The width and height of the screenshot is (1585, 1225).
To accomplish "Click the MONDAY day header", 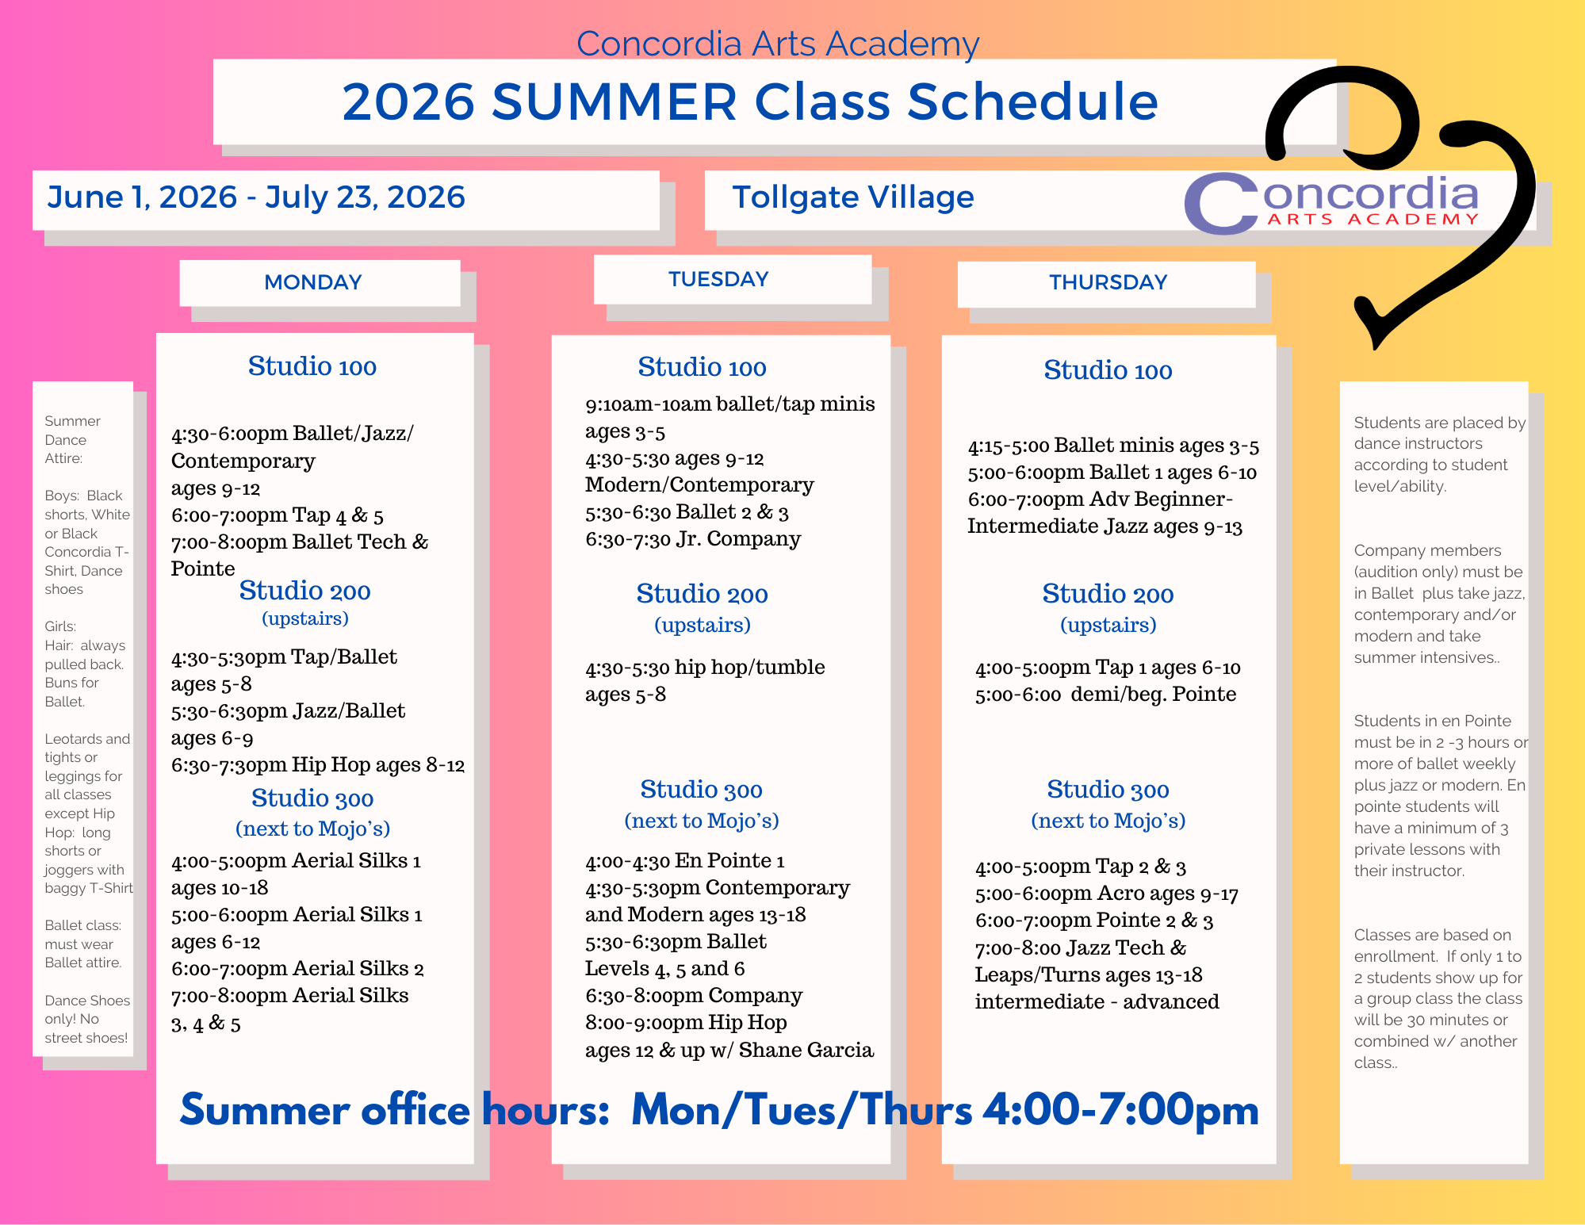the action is [x=313, y=282].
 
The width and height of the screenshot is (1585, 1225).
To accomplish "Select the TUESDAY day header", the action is [x=718, y=279].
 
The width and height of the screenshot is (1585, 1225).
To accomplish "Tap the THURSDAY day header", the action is [x=1108, y=282].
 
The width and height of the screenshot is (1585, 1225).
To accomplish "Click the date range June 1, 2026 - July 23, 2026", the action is [x=256, y=197].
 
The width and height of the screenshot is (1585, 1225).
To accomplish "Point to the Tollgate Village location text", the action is [x=853, y=197].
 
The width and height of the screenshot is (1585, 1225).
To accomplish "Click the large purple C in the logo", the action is [x=1222, y=204].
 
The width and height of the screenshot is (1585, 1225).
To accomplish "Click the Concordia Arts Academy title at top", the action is [x=778, y=44].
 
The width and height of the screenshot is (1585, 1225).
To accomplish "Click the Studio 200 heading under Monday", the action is [x=305, y=591].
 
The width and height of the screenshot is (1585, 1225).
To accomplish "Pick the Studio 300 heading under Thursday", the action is [x=1108, y=790].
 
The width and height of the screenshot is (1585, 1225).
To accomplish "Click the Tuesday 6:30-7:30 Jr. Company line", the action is [x=693, y=539].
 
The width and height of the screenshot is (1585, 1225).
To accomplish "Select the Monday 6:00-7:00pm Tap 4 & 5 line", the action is [x=278, y=515].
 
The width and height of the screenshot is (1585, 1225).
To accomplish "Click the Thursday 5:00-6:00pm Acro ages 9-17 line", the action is [x=1107, y=894].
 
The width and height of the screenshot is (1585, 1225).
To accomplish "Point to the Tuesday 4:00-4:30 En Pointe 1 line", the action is [x=685, y=861].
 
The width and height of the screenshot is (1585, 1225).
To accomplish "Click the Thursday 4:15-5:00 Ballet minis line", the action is [x=1113, y=446].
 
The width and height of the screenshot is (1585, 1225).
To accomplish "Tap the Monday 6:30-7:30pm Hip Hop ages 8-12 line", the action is [x=318, y=765].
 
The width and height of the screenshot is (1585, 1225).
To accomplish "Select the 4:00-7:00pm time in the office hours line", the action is [x=1121, y=1110].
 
